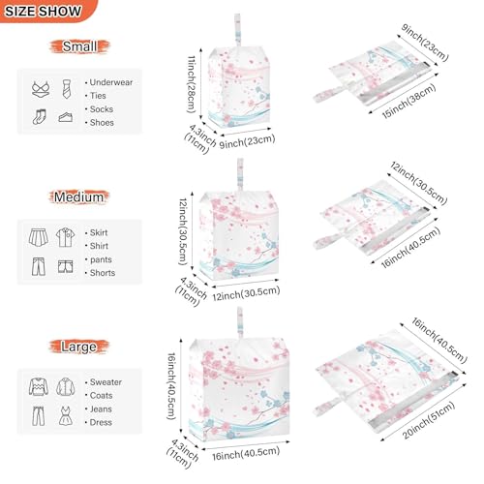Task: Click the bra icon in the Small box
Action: [x=40, y=88]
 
